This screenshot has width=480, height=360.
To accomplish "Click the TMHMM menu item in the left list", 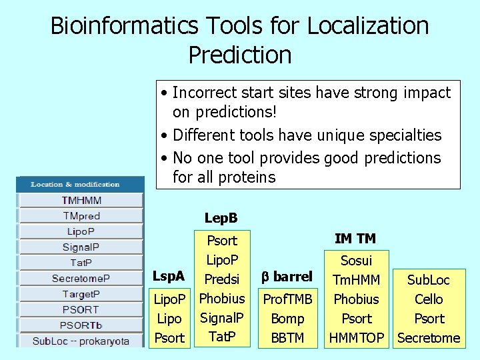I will tap(81, 200).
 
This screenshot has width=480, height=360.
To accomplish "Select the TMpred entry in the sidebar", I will tap(81, 215).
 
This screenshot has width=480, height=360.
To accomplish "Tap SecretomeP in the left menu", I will tap(81, 278).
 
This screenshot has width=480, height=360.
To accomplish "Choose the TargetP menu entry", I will tap(81, 293).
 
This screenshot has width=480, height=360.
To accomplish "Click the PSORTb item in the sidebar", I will tap(81, 325).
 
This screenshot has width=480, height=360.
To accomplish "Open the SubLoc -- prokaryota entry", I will tap(81, 341).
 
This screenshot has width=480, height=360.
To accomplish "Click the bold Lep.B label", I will tap(221, 218).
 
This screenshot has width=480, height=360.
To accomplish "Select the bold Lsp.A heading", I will tap(169, 275).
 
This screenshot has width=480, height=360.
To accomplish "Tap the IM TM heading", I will tap(355, 238).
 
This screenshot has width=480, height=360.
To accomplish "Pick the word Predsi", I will tap(222, 279).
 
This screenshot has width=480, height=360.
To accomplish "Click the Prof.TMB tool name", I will tap(288, 299).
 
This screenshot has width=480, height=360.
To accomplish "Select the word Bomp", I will tap(287, 319).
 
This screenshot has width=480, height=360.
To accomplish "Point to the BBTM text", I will tap(287, 338).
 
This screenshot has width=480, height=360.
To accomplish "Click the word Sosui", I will tap(356, 261).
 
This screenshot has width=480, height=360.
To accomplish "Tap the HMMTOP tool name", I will tap(357, 338).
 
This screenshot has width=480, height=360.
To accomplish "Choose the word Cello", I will tap(429, 299).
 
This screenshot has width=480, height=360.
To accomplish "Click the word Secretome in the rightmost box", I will tap(429, 338).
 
